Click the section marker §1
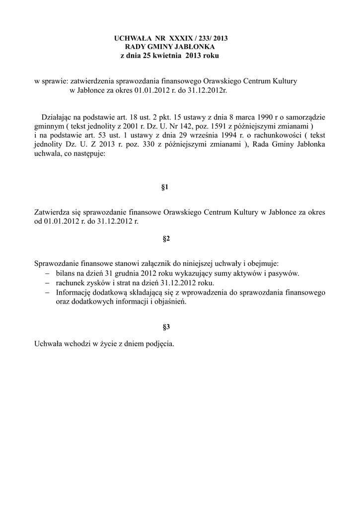[x=166, y=187]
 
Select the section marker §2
[x=166, y=239]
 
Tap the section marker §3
[x=166, y=327]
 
